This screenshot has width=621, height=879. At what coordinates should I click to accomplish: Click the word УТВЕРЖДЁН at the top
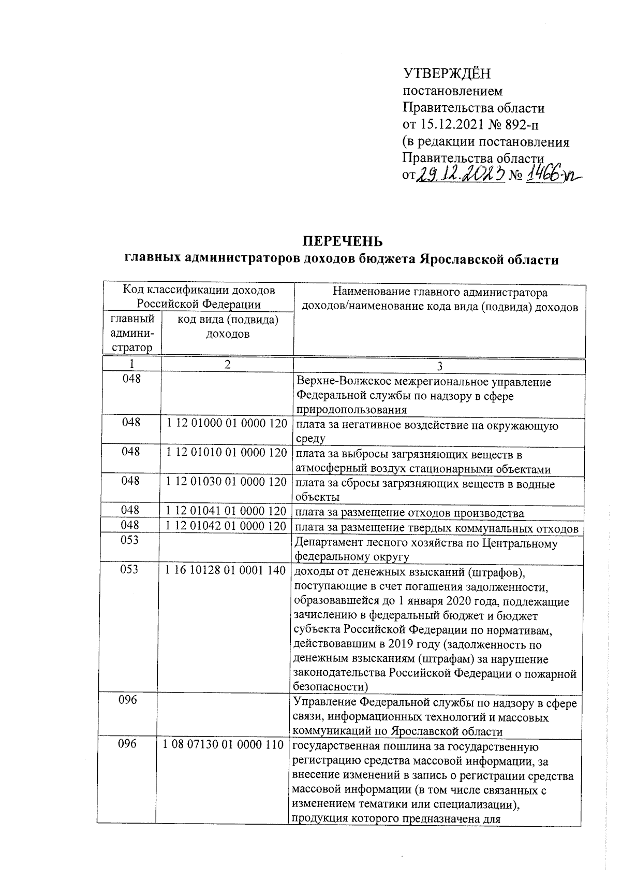pyautogui.click(x=446, y=74)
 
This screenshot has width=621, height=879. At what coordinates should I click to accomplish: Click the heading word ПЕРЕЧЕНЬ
pyautogui.click(x=343, y=242)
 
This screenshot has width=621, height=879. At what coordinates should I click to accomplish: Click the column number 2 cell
pyautogui.click(x=227, y=365)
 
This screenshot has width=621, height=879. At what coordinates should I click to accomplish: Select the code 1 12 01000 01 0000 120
pyautogui.click(x=227, y=424)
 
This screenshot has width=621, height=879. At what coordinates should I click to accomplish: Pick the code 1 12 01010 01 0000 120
pyautogui.click(x=227, y=453)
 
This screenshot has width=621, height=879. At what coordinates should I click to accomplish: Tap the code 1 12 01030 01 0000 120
pyautogui.click(x=227, y=482)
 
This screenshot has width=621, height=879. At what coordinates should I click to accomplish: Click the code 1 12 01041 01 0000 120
pyautogui.click(x=227, y=512)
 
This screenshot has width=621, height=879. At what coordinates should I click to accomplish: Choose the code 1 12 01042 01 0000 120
pyautogui.click(x=227, y=526)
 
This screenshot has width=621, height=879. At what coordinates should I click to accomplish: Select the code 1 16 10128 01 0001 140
pyautogui.click(x=226, y=570)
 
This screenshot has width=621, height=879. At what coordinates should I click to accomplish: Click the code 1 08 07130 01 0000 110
pyautogui.click(x=224, y=745)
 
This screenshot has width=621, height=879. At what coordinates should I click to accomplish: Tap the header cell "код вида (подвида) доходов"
pyautogui.click(x=228, y=327)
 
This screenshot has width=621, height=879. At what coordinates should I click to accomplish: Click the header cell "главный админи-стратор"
pyautogui.click(x=132, y=334)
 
